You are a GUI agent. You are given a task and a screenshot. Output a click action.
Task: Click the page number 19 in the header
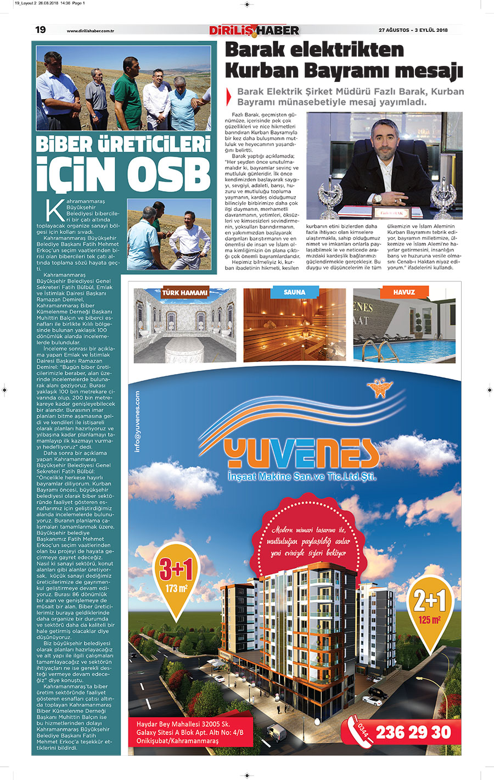(x=41, y=30)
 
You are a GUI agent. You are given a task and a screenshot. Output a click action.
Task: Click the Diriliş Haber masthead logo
(x=254, y=30)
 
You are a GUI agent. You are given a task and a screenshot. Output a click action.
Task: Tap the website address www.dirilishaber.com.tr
(x=90, y=31)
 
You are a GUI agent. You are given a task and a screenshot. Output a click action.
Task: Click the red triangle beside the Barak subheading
(x=229, y=97)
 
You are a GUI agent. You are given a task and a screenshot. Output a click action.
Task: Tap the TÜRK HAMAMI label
(x=184, y=293)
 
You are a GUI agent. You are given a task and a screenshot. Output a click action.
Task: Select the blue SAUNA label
(x=294, y=292)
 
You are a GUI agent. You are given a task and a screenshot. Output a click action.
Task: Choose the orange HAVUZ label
(x=403, y=292)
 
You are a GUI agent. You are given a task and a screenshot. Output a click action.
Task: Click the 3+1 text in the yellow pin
(x=176, y=570)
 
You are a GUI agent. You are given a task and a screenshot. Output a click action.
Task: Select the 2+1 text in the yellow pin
(x=430, y=601)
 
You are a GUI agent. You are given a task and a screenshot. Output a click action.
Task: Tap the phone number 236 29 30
(x=413, y=732)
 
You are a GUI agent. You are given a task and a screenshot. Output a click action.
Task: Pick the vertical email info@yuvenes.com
(x=137, y=422)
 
